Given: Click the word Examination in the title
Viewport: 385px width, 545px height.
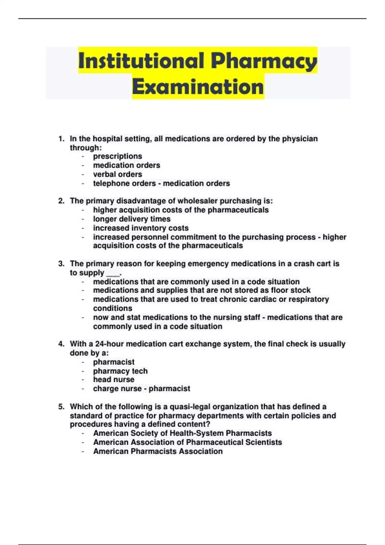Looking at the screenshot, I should [x=198, y=87].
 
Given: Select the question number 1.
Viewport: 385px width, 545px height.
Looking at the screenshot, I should [x=61, y=139].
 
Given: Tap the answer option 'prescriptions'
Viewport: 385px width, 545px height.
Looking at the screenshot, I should [x=117, y=156].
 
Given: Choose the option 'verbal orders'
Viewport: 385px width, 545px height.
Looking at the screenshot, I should [x=117, y=174].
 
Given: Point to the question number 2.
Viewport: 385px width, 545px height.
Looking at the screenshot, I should [x=61, y=201].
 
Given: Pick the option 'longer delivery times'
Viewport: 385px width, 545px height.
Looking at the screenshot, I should [x=132, y=219].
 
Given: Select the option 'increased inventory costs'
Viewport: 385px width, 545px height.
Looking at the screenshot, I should [x=141, y=228].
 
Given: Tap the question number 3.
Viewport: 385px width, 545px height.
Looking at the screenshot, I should [x=61, y=264].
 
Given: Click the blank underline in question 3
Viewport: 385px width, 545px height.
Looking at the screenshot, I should [x=113, y=274].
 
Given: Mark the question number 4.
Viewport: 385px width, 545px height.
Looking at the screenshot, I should [x=61, y=344].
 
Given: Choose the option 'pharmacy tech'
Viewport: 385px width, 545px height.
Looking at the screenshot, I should [x=120, y=371].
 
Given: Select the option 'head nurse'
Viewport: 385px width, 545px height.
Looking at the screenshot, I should [x=114, y=380].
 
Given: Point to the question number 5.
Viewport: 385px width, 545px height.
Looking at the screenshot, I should [x=61, y=407].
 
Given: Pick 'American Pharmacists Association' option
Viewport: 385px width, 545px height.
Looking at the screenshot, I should [x=158, y=451].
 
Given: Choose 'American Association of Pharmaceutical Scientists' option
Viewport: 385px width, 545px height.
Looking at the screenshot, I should [x=187, y=442].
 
